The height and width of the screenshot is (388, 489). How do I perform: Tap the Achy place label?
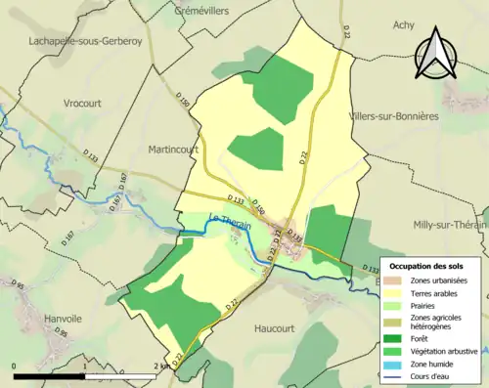tap(404, 25)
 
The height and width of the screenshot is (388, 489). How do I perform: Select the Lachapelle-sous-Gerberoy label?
tap(86, 42)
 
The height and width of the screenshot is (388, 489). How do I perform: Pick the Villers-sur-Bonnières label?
tap(407, 115)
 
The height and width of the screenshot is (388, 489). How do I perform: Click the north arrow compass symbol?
tap(437, 59)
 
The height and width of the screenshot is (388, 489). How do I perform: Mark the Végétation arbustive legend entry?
tap(445, 352)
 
